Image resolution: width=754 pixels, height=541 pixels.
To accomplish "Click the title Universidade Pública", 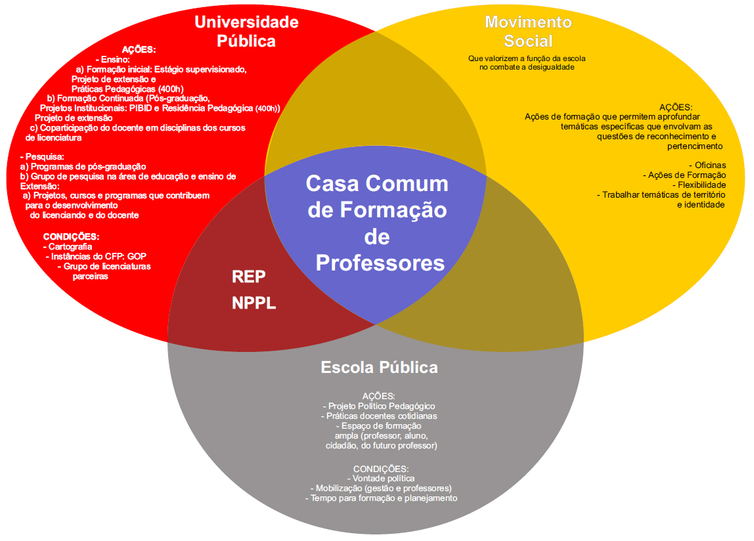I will [246, 32].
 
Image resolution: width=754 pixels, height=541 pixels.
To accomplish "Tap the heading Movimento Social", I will [528, 31].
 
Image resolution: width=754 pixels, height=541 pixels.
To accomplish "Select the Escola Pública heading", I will [379, 367].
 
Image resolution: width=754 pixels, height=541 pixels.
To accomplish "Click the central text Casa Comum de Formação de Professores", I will [378, 223].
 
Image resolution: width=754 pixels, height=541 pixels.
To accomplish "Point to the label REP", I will [249, 277].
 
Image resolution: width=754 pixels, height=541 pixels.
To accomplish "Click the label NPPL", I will [254, 304].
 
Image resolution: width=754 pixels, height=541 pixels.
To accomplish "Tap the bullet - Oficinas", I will [707, 165].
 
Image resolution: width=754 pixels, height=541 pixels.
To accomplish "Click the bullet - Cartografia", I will [70, 246].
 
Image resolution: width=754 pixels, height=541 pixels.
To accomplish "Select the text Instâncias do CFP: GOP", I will [95, 256].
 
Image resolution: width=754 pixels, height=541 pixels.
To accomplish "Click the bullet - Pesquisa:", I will [42, 157].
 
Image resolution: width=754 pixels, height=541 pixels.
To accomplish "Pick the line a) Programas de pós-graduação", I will [83, 167].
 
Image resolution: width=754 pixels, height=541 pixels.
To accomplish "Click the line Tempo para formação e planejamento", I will [381, 498].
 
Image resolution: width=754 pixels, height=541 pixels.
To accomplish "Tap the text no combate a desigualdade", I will [527, 67].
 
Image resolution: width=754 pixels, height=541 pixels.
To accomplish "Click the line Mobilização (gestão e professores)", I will [381, 488].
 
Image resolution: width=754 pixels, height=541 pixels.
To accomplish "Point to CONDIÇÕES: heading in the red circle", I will [71, 236].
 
